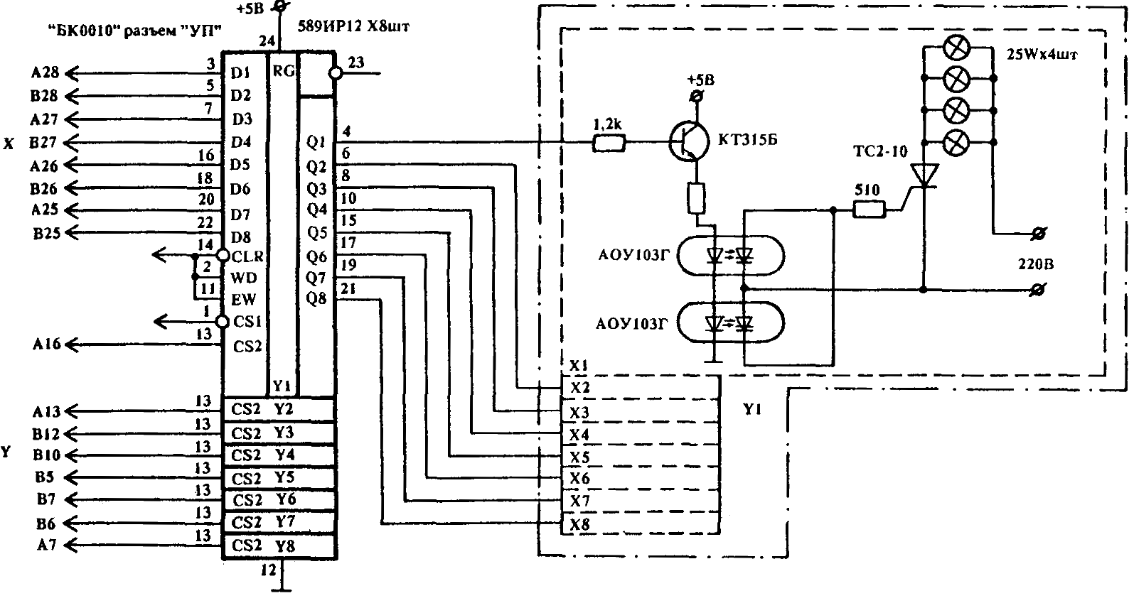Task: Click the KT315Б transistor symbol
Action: (x=690, y=141)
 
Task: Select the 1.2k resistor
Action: (x=609, y=143)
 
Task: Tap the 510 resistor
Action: (x=869, y=209)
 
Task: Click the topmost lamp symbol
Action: (x=957, y=48)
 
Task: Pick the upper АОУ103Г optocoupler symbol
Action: (x=731, y=256)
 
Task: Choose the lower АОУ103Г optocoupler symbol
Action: (x=731, y=323)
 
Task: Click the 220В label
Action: (x=1036, y=264)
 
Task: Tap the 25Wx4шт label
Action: (x=1042, y=54)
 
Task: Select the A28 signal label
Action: (x=45, y=72)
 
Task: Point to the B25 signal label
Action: (x=46, y=233)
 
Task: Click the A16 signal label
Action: (x=47, y=344)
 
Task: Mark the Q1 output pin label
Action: (x=316, y=142)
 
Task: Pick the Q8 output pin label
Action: (x=316, y=298)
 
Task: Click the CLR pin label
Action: (x=247, y=256)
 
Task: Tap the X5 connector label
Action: (x=579, y=457)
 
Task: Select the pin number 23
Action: (x=356, y=63)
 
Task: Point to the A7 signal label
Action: (x=47, y=545)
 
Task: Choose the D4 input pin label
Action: (x=241, y=142)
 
